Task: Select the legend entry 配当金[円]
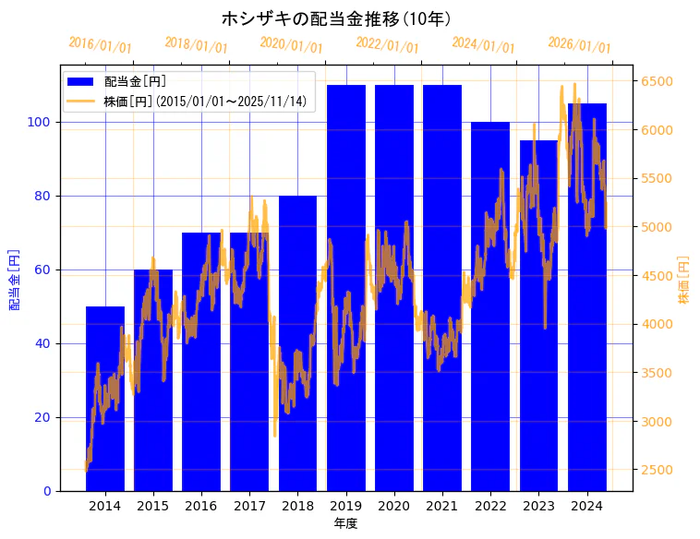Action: point(135,81)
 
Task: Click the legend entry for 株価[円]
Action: point(204,102)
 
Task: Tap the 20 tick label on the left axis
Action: point(45,417)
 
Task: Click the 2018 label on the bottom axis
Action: point(297,506)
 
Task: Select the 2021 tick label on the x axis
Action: point(442,506)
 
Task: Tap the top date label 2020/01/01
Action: point(292,44)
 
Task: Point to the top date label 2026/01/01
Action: point(580,44)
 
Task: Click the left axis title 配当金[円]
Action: point(15,279)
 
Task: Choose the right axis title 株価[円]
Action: point(684,280)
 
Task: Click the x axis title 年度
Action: point(345,523)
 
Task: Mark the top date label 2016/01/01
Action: point(101,44)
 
